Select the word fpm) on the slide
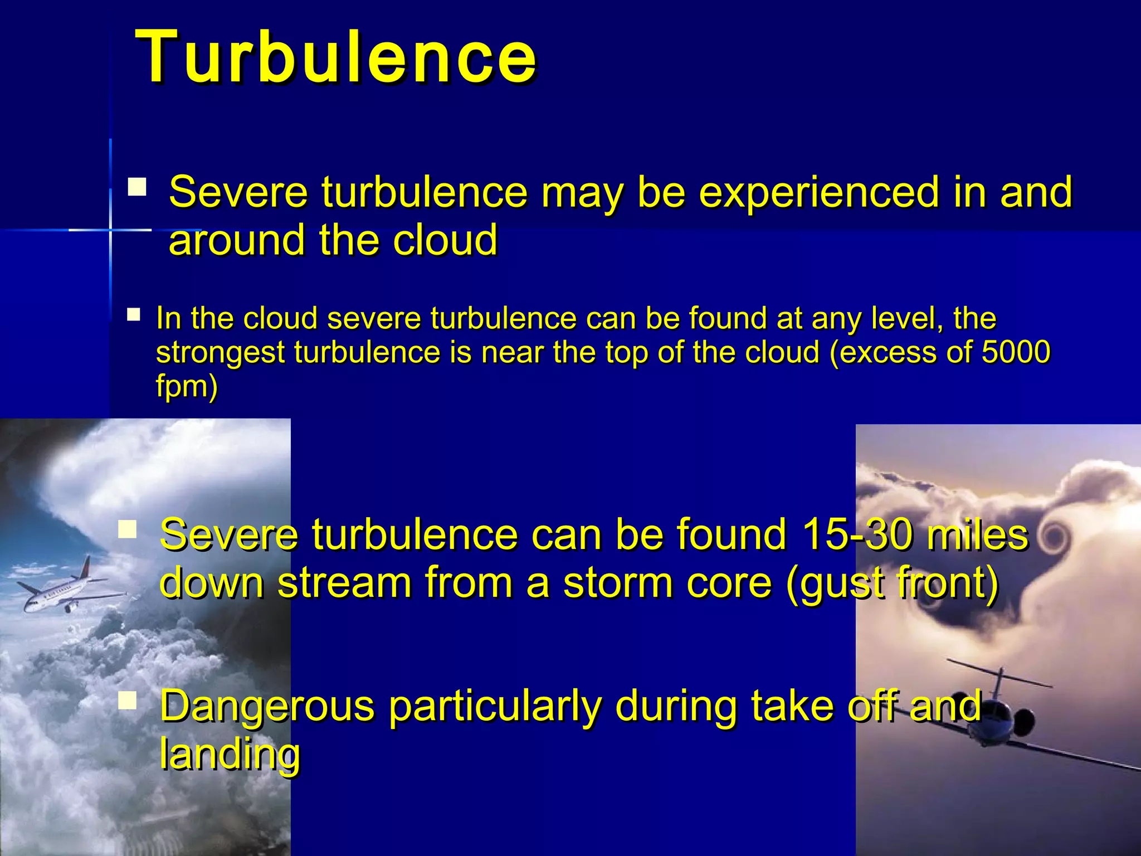pyautogui.click(x=186, y=386)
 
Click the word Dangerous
pyautogui.click(x=267, y=706)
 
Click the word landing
pyautogui.click(x=230, y=754)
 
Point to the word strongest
pyautogui.click(x=221, y=353)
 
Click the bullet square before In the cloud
pyautogui.click(x=134, y=315)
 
